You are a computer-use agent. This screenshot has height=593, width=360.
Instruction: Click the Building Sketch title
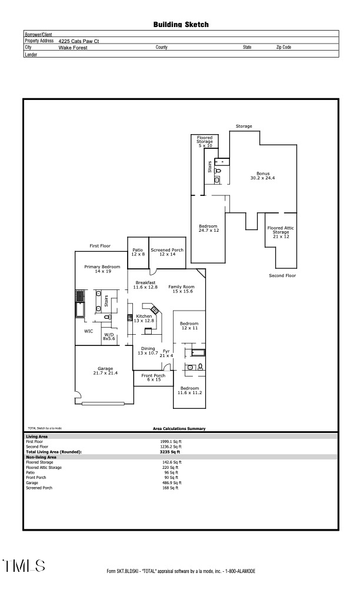pyautogui.click(x=181, y=25)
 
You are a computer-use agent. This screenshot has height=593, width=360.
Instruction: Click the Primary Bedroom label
pyautogui.click(x=102, y=269)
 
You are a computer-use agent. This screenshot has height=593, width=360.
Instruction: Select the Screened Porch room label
pyautogui.click(x=167, y=252)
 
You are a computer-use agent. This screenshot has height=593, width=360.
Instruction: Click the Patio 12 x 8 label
pyautogui.click(x=138, y=252)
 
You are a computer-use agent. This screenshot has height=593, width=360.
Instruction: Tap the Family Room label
pyautogui.click(x=181, y=289)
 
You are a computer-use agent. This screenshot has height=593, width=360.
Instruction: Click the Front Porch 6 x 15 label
pyautogui.click(x=153, y=378)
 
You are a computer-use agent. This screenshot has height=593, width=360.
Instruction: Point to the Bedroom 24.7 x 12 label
pyautogui.click(x=208, y=228)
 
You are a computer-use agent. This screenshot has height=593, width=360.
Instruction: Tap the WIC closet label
pyautogui.click(x=88, y=331)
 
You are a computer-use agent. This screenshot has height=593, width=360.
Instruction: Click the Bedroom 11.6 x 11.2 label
pyautogui.click(x=189, y=391)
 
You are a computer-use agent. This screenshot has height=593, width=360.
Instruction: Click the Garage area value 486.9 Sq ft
pyautogui.click(x=171, y=482)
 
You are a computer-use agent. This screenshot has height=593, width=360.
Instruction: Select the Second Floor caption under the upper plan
pyautogui.click(x=282, y=275)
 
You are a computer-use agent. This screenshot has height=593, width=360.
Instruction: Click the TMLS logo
pyautogui.click(x=24, y=566)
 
